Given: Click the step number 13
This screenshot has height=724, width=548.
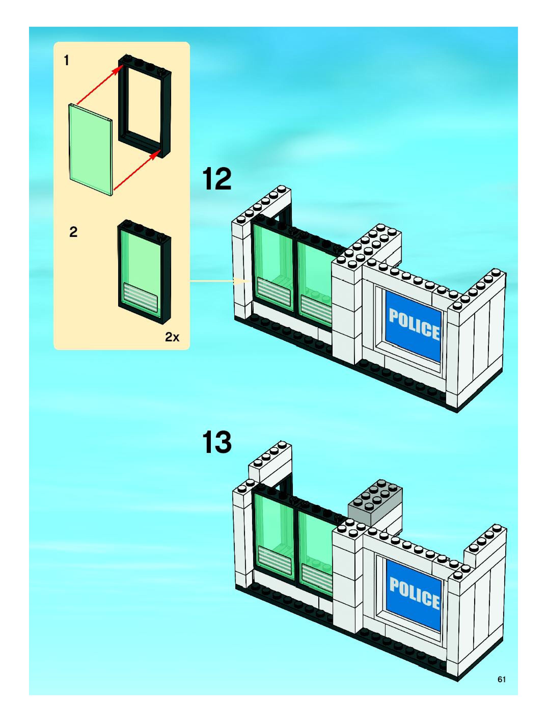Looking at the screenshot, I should (x=217, y=443).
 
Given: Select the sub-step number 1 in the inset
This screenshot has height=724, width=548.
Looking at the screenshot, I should (x=67, y=61).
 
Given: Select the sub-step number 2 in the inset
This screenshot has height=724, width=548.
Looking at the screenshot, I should (x=73, y=232).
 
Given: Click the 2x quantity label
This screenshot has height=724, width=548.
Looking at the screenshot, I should (x=172, y=337).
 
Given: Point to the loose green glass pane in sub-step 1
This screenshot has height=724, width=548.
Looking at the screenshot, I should (x=91, y=150).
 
